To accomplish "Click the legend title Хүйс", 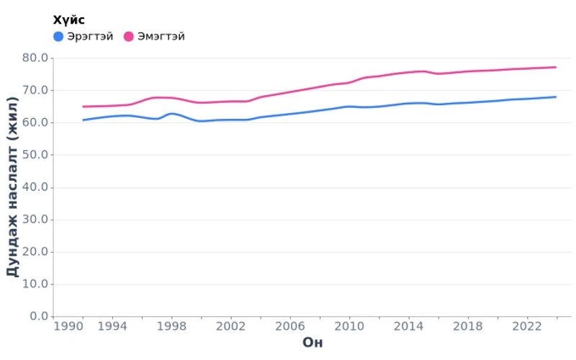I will [69, 20].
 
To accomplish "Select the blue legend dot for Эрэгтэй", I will [58, 37].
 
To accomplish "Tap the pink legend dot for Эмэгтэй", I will [129, 37].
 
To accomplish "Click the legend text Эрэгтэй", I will [90, 37].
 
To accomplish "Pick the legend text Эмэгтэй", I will [161, 37].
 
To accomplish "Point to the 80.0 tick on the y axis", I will [35, 58].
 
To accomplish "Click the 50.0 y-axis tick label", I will [35, 155].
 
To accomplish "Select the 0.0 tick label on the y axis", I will [37, 316].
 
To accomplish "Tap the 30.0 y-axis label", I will [35, 220].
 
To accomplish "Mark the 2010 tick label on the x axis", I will [349, 326].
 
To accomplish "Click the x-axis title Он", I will [312, 343].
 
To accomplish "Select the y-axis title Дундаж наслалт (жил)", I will [12, 187].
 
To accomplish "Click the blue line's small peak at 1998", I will [171, 114].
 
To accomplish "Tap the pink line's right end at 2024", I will [556, 67].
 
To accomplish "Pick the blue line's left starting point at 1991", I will [83, 120].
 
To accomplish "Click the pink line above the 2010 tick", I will [349, 83].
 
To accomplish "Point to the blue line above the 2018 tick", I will [468, 102].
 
